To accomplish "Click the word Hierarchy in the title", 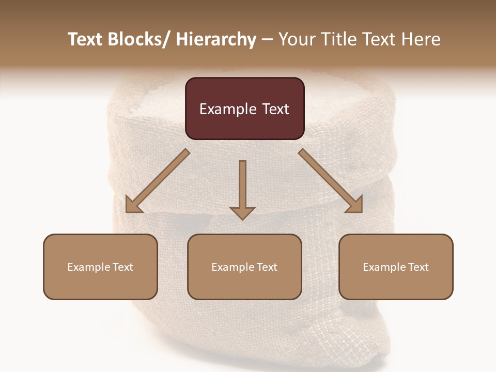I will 216,39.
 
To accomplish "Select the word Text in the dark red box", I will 275,109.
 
